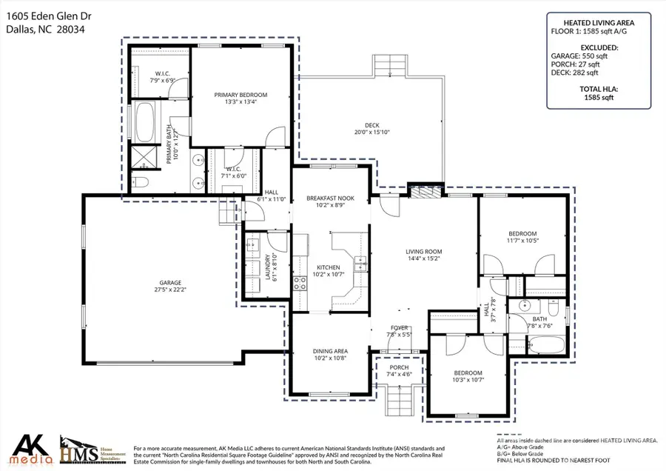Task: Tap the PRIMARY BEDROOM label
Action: point(240,95)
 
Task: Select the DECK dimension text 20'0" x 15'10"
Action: point(371,133)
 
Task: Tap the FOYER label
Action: point(399,328)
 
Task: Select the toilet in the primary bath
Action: point(143,182)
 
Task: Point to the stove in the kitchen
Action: point(300,281)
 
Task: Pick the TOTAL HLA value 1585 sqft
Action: point(599,98)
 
